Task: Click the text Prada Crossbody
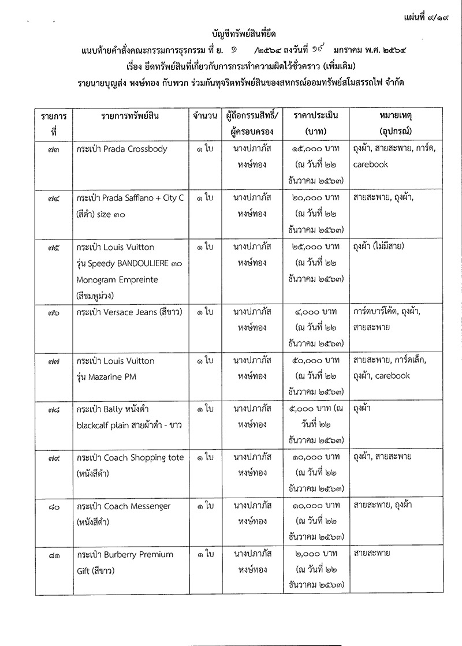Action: [x=136, y=149]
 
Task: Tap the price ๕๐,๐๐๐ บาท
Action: [x=315, y=361]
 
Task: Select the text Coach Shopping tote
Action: [x=144, y=457]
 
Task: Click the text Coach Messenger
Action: [x=137, y=506]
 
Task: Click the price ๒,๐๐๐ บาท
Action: [x=316, y=554]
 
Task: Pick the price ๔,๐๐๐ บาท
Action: [x=316, y=312]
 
